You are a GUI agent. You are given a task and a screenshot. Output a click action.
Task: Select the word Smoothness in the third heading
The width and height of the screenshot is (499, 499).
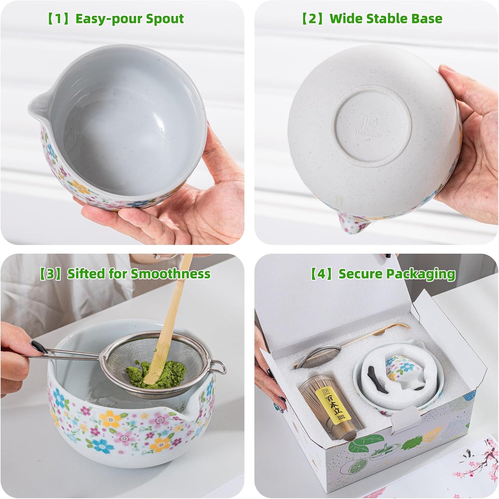(x=170, y=274)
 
